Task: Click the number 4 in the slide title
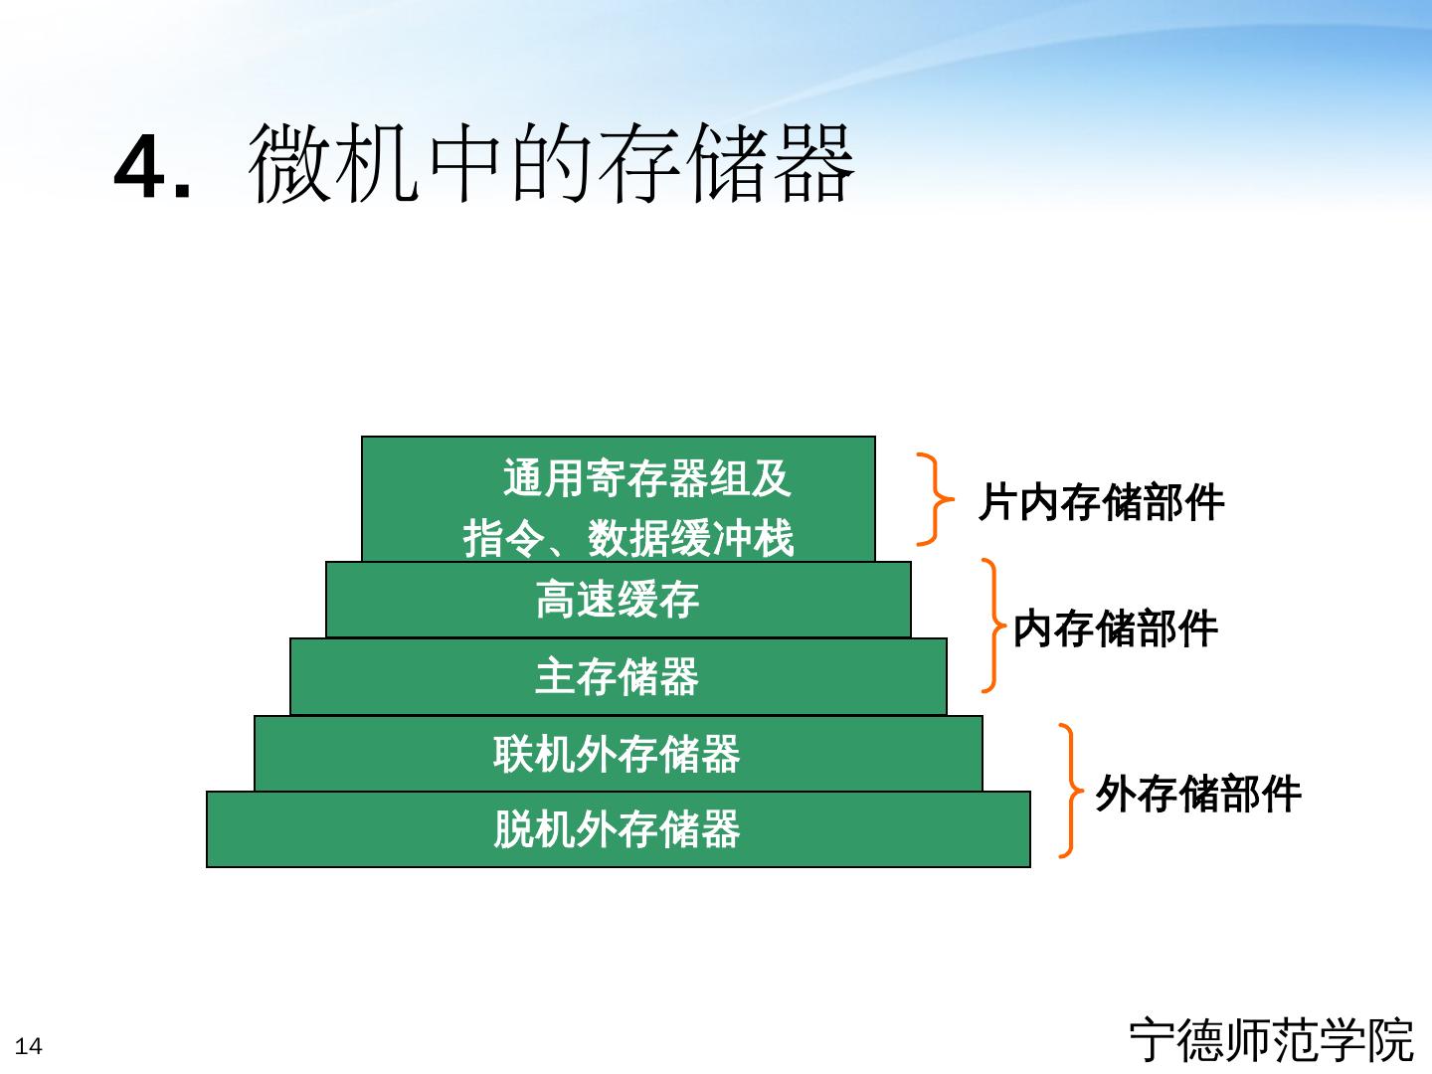coord(138,167)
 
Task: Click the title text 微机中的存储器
coord(551,164)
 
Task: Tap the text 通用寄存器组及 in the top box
coord(646,478)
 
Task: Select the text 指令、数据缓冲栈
coord(628,539)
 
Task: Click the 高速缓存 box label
coord(618,600)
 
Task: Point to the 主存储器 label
coord(618,677)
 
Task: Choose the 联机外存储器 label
coord(618,754)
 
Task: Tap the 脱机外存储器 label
coord(618,829)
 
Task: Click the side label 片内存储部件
coord(1101,502)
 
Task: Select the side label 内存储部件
coord(1115,629)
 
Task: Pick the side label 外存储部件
coord(1198,795)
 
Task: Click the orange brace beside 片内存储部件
coord(934,499)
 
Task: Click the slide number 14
coord(29,1046)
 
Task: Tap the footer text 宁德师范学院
coord(1271,1040)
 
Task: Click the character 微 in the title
coord(288,164)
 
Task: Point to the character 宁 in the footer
coord(1153,1040)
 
